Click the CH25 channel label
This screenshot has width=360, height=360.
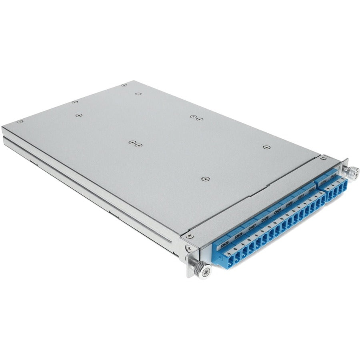225,242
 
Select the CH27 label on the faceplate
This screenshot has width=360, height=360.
252,227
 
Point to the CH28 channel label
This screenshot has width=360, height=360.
265,219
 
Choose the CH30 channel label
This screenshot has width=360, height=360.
289,205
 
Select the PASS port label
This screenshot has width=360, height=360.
333,180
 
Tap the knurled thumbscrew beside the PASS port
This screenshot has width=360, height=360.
352,172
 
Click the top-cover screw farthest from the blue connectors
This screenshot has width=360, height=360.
20,121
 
